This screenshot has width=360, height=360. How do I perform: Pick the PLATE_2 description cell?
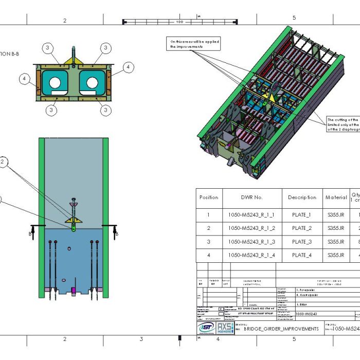[x=302, y=228]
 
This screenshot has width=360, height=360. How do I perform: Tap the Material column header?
[x=336, y=197]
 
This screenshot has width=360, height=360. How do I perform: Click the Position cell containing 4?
[x=208, y=255]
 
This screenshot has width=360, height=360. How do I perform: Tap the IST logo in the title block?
[x=207, y=328]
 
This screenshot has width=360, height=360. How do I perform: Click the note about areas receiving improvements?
[x=195, y=43]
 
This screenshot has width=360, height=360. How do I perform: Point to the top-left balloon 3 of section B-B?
[x=47, y=48]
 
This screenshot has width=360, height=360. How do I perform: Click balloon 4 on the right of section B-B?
[x=128, y=67]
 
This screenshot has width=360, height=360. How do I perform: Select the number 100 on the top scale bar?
[x=179, y=22]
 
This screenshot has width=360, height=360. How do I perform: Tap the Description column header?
[x=302, y=197]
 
